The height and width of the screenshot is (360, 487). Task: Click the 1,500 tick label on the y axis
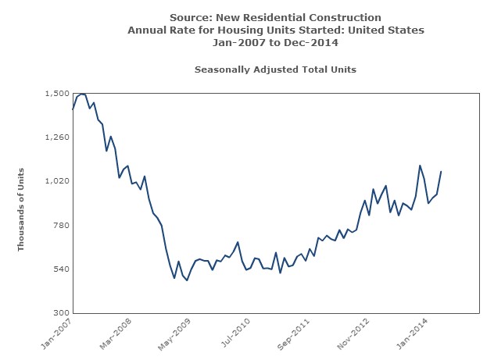click(56, 93)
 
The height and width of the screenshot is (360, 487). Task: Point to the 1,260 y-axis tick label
click(56, 137)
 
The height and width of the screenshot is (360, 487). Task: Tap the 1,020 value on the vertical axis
click(56, 181)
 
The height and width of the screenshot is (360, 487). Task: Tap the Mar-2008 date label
click(116, 333)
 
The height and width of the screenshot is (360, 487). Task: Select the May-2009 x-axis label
click(175, 333)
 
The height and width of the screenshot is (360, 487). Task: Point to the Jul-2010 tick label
click(235, 333)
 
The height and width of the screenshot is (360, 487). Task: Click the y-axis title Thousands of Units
click(22, 209)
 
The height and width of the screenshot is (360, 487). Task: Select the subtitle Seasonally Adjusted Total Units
click(275, 70)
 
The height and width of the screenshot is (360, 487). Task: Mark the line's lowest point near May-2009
click(187, 280)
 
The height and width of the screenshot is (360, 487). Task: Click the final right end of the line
click(441, 172)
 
